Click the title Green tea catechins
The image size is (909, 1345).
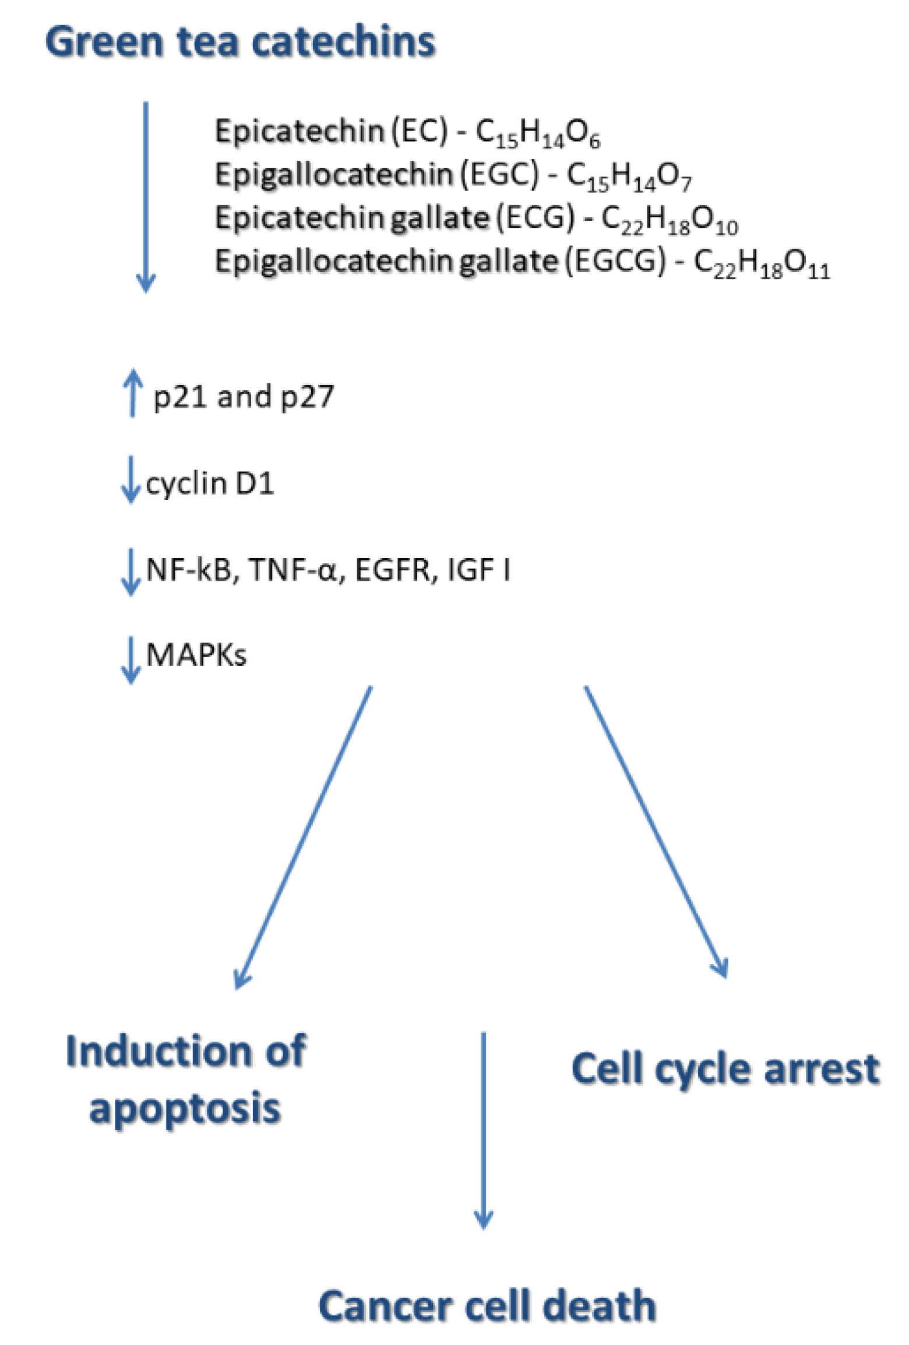[x=240, y=42]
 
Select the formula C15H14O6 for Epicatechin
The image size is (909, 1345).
[x=537, y=133]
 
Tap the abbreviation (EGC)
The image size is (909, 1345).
[x=500, y=174]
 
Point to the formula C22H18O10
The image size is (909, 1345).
[x=669, y=220]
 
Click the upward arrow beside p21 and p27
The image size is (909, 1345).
[x=133, y=393]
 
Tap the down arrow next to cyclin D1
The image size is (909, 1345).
[x=131, y=479]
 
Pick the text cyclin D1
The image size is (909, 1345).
[x=210, y=483]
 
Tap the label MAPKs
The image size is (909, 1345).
[x=196, y=655]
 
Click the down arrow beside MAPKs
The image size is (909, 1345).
[x=131, y=659]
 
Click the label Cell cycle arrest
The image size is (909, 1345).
[x=725, y=1068]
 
